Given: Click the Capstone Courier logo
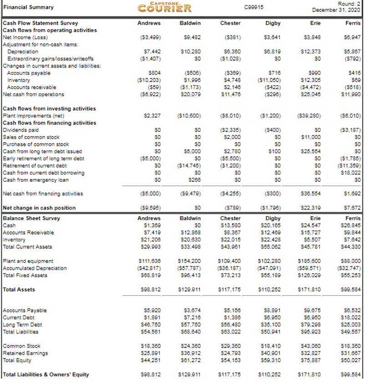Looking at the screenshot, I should (164, 7).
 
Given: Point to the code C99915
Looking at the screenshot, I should (251, 7).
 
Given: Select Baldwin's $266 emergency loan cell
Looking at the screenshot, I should (195, 179).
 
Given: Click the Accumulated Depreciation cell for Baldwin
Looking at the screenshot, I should (192, 268).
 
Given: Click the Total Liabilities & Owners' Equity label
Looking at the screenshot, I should (46, 375).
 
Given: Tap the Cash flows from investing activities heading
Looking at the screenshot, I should (50, 108).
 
